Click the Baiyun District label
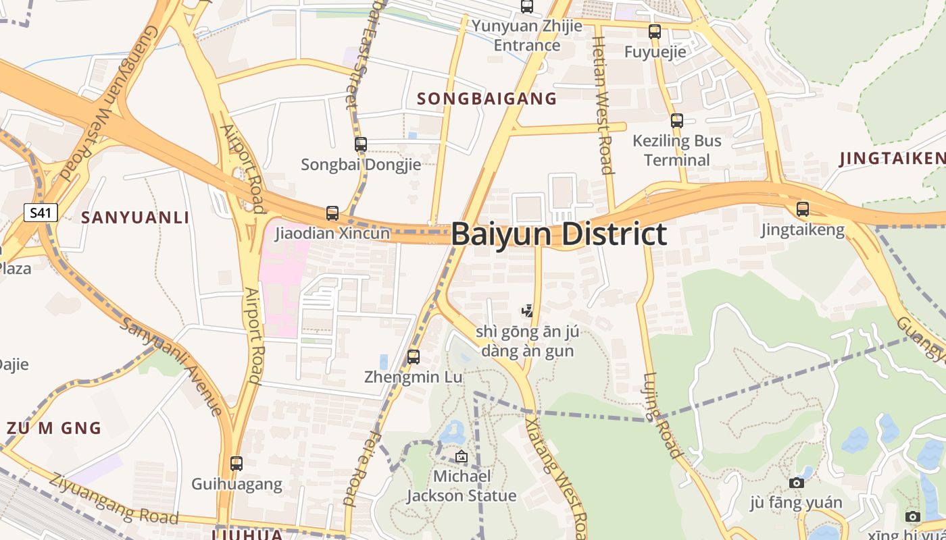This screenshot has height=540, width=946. (x=559, y=234)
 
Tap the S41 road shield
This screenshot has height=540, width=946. (x=41, y=213)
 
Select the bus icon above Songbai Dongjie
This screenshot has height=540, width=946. (x=361, y=144)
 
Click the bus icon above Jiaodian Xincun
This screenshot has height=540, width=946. (x=332, y=213)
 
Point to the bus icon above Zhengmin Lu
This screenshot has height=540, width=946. (x=414, y=356)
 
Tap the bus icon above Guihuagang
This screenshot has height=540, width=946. (x=236, y=464)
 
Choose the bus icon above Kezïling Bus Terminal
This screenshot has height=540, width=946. (x=676, y=121)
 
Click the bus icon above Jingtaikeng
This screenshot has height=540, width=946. (x=802, y=209)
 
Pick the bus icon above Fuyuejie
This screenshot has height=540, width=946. (x=654, y=31)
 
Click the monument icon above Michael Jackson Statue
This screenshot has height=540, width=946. (x=461, y=456)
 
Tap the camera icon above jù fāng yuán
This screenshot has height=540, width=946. (x=796, y=483)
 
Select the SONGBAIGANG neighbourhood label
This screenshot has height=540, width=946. (x=487, y=99)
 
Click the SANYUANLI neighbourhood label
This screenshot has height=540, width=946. (x=135, y=217)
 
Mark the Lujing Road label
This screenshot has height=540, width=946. (x=661, y=415)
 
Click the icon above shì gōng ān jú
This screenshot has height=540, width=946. (x=527, y=311)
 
